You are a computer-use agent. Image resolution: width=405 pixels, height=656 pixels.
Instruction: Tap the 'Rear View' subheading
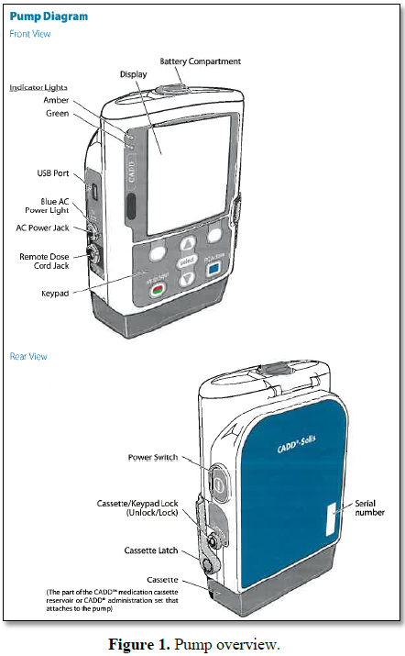point(28,356)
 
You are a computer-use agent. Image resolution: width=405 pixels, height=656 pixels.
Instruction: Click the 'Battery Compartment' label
point(200,61)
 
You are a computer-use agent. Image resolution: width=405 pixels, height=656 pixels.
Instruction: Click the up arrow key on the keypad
point(188,244)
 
